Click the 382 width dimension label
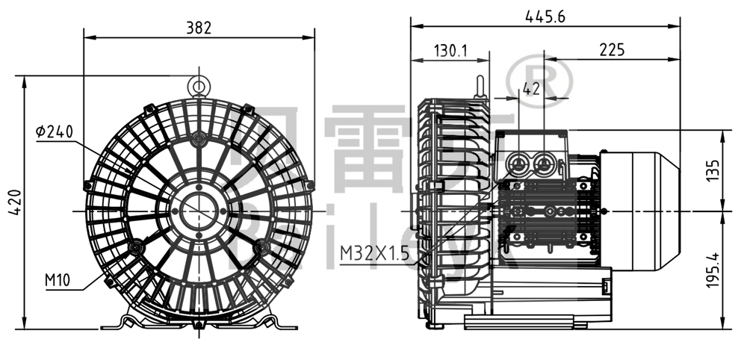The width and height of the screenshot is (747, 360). click(x=199, y=28)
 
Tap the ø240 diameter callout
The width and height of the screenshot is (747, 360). click(x=54, y=132)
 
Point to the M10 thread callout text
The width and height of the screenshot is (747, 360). click(x=58, y=280)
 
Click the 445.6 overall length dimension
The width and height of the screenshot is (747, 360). click(x=545, y=16)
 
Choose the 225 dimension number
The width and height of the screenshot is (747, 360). click(x=612, y=51)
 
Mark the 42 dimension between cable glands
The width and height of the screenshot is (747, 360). click(x=531, y=89)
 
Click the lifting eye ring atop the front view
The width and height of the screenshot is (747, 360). click(x=199, y=84)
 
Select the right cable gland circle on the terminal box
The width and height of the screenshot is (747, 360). click(x=545, y=163)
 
